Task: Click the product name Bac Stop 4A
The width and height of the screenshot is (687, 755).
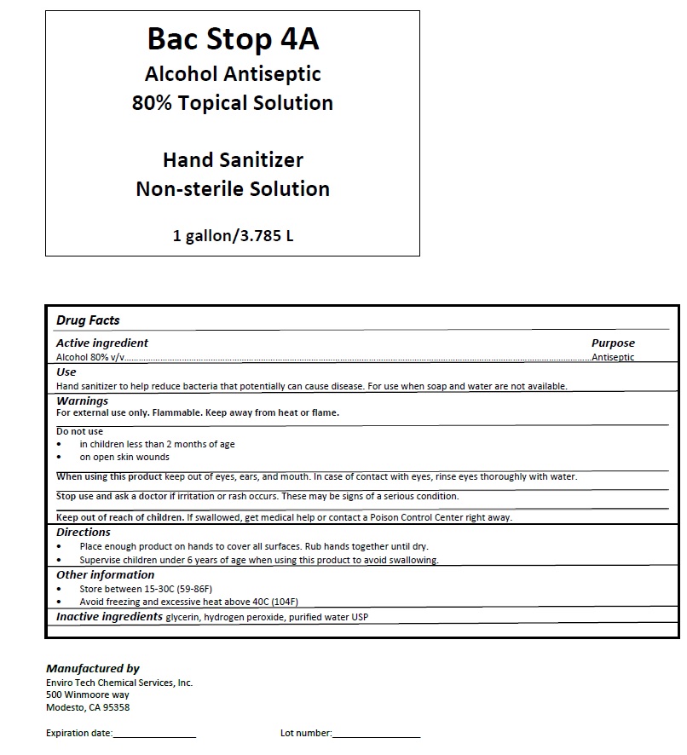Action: [233, 39]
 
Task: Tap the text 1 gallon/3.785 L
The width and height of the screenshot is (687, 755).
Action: [233, 235]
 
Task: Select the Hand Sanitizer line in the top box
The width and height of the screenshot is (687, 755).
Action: [233, 159]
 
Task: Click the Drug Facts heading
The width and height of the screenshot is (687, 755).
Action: [88, 320]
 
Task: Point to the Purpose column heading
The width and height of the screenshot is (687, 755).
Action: [613, 343]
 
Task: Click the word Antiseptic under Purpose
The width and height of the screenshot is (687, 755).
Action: [613, 357]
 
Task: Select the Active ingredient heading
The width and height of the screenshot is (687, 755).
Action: [102, 343]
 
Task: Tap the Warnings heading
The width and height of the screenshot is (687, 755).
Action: [82, 401]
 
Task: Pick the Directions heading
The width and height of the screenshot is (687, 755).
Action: [84, 533]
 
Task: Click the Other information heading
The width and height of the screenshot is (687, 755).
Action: [105, 575]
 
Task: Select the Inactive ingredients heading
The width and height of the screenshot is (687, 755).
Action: [109, 616]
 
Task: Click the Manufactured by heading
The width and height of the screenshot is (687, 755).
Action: [92, 669]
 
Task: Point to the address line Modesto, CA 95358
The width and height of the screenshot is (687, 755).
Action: [87, 707]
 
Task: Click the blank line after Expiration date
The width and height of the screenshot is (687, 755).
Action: [154, 734]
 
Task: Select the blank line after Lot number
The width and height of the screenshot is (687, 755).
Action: [376, 734]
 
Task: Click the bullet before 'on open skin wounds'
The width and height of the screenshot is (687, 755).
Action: [59, 458]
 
